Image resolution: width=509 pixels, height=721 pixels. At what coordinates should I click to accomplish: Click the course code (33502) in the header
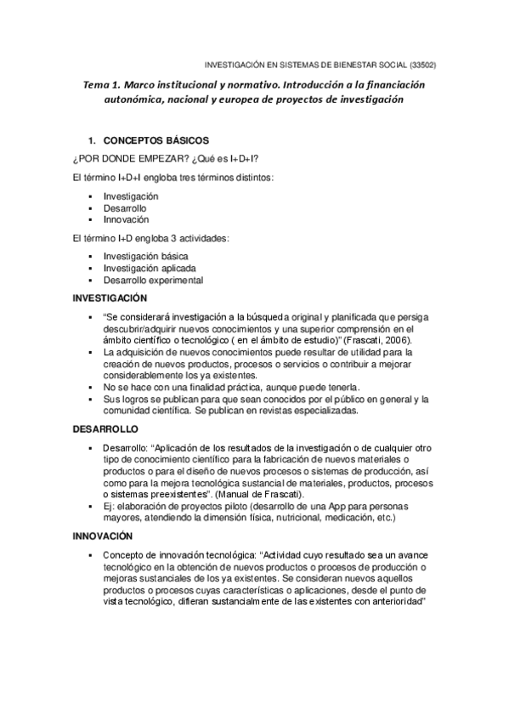(421, 64)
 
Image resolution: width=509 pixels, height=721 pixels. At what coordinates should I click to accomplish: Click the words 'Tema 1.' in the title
(103, 85)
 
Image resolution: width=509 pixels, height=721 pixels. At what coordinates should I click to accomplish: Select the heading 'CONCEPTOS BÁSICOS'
(156, 140)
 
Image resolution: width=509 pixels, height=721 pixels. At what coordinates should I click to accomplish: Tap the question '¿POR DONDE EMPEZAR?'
(122, 158)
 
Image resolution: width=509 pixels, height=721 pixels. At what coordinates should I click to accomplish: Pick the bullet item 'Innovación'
(126, 219)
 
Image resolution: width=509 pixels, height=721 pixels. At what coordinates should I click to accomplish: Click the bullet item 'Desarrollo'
(125, 207)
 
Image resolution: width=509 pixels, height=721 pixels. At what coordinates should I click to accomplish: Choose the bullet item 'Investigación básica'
(145, 256)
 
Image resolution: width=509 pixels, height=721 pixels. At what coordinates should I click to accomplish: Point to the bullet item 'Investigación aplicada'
(149, 268)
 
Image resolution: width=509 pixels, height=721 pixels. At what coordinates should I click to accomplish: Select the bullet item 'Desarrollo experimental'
(153, 280)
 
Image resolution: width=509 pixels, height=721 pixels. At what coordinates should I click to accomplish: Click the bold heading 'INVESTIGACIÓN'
(110, 298)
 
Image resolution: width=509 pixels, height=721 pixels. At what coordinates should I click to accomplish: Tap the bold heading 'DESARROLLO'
(105, 429)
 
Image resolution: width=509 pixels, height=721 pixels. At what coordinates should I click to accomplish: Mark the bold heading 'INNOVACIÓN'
(102, 536)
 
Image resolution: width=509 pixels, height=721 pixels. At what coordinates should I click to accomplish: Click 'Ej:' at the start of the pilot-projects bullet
(110, 506)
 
